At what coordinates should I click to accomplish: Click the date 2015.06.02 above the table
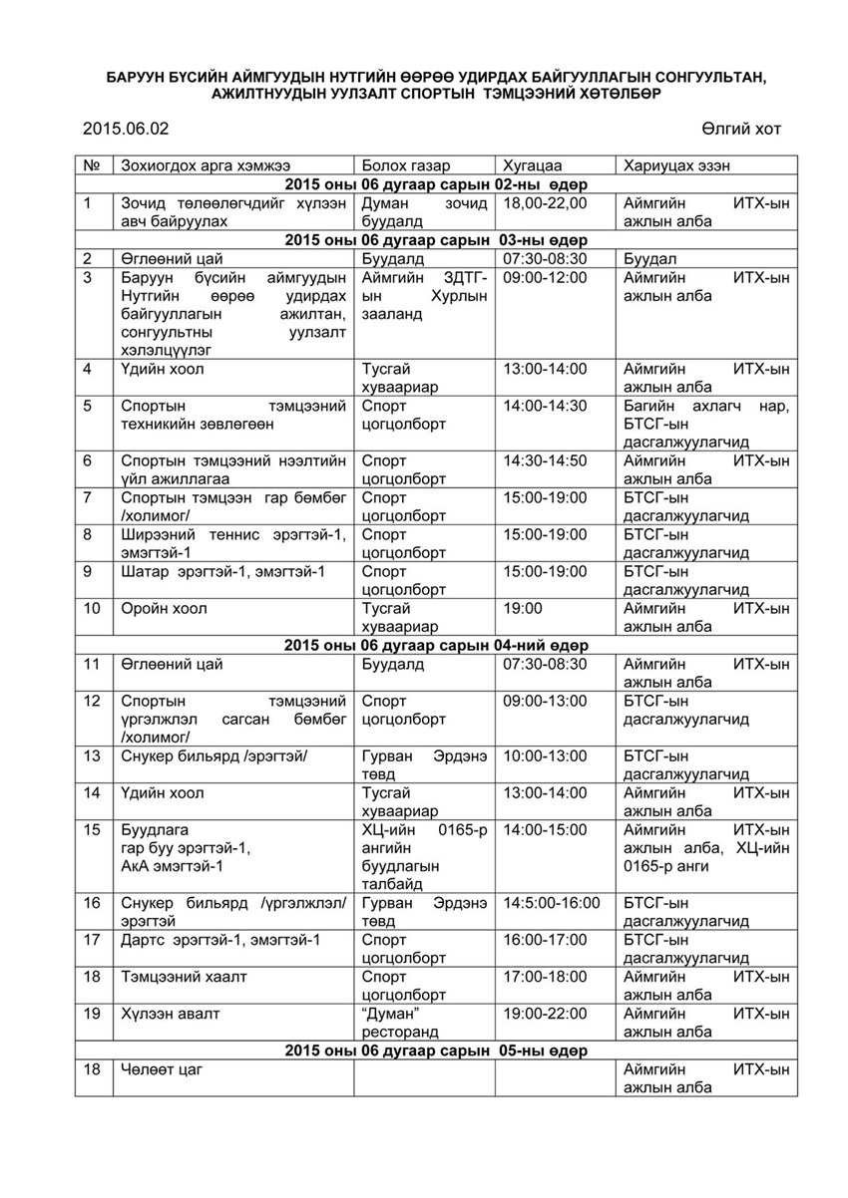pos(126,129)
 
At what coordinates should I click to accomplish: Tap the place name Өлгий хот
pos(741,129)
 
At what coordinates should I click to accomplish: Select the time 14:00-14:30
pos(546,407)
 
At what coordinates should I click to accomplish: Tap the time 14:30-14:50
pos(546,461)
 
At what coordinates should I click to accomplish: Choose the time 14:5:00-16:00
pos(552,903)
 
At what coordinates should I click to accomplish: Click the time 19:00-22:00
pos(546,1014)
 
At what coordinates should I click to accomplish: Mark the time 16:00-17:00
pos(546,940)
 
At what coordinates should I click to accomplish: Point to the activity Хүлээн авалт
pos(171,1014)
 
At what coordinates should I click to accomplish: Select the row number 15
pos(92,829)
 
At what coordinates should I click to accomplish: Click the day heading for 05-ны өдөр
pos(434,1050)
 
